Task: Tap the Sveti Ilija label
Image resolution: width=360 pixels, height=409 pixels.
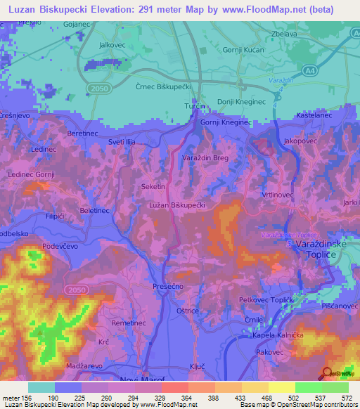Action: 122,141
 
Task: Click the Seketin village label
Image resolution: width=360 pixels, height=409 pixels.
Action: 153,186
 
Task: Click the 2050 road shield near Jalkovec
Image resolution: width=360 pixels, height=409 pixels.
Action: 98,87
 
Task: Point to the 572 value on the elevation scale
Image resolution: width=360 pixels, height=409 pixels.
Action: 347,397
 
